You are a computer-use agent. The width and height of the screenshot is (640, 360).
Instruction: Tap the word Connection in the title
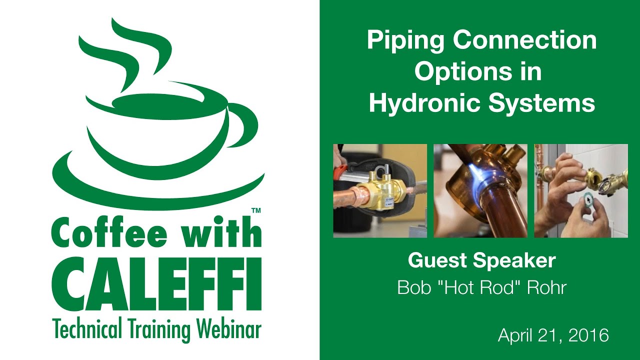click(525, 40)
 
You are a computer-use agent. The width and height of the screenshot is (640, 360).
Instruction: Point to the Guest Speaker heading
click(481, 260)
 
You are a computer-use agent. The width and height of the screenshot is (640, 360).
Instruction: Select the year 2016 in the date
click(591, 335)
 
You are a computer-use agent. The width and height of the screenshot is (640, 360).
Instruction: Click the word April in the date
click(515, 335)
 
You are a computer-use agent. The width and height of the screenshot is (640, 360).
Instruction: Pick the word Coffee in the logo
click(110, 233)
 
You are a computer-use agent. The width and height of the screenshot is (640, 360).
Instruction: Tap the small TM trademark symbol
click(255, 211)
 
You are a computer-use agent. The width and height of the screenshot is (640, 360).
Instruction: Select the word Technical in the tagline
click(84, 330)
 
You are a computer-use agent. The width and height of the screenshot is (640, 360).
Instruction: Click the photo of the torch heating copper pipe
click(480, 190)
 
